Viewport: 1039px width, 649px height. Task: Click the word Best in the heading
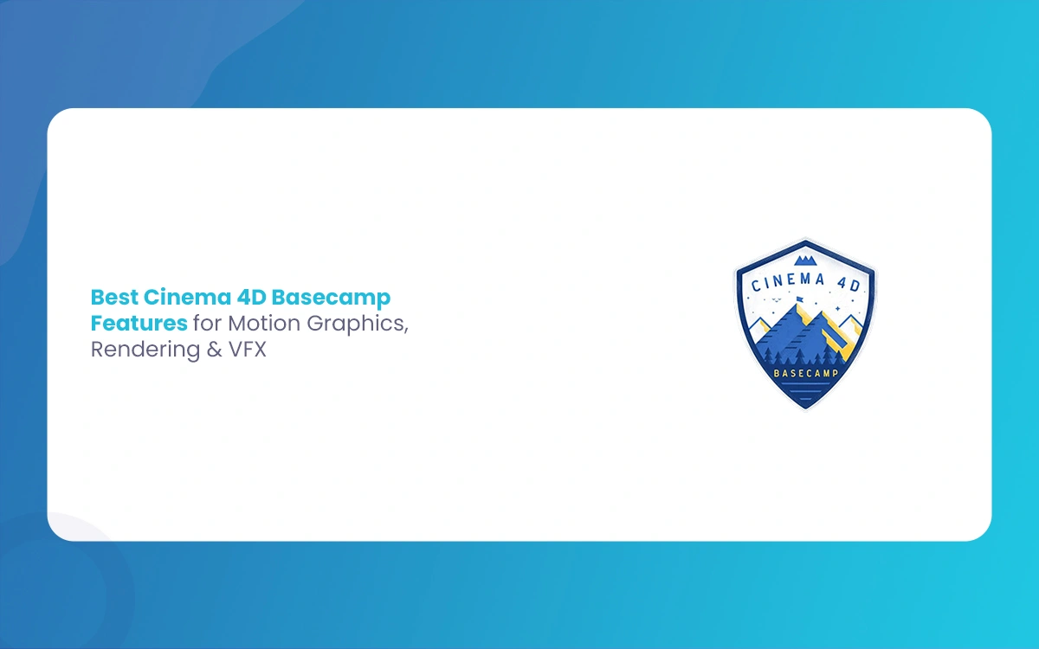(x=114, y=297)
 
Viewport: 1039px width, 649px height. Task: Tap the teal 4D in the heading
(x=251, y=297)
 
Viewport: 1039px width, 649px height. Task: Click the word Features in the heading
(x=139, y=323)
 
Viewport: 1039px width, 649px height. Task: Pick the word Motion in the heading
(x=264, y=323)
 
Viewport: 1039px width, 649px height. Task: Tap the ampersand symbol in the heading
(x=215, y=350)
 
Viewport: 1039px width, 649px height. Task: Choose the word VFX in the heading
(x=248, y=350)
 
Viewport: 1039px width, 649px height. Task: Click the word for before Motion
(x=207, y=323)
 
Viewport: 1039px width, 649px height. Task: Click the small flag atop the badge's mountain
(x=800, y=299)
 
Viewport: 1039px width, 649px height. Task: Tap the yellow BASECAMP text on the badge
(x=806, y=373)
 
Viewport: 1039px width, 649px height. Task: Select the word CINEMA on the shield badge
(x=788, y=282)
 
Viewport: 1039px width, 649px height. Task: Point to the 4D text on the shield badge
(x=849, y=284)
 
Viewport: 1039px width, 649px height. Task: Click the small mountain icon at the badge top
(x=806, y=260)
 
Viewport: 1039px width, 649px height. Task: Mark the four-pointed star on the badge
(x=838, y=308)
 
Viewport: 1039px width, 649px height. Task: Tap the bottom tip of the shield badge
(x=806, y=410)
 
